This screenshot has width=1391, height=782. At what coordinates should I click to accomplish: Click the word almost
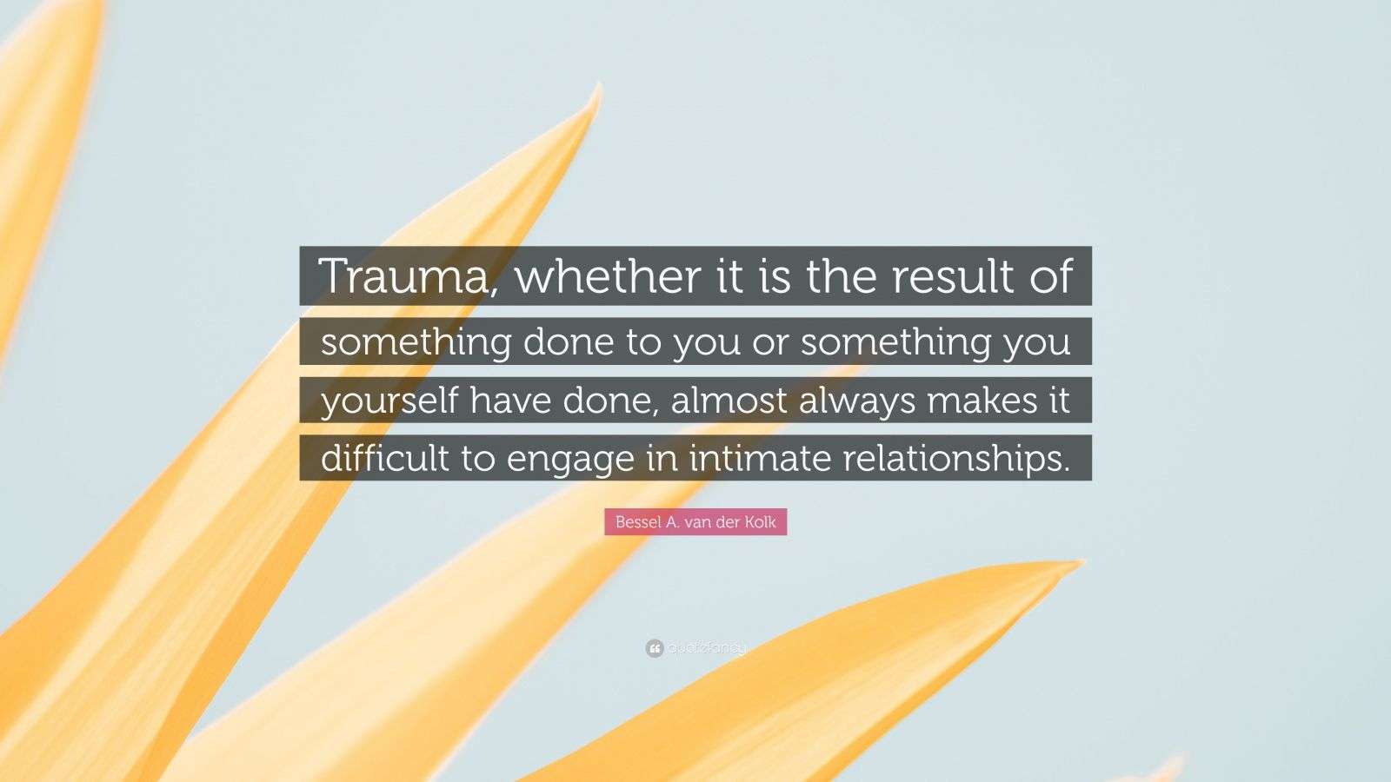point(729,401)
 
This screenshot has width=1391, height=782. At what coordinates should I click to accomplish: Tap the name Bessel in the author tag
point(638,522)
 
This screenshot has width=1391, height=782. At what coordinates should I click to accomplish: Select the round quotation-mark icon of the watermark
point(655,648)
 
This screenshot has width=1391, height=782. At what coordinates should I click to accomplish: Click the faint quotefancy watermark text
point(707,649)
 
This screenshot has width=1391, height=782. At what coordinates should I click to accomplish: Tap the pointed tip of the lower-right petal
point(1083,561)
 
